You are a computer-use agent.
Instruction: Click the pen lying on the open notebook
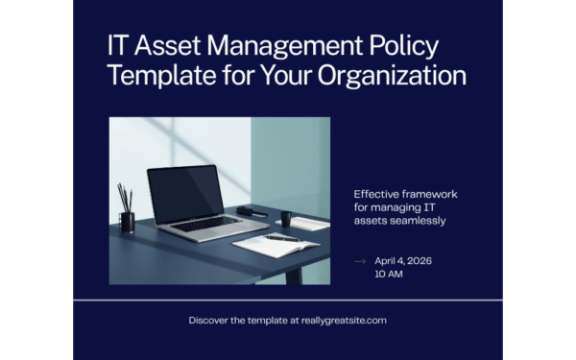[x=282, y=236]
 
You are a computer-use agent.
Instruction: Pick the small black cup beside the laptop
[x=286, y=218]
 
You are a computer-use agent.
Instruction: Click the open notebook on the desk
[x=276, y=244]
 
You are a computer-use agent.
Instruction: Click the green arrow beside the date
[x=360, y=261]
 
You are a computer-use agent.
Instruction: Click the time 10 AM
[x=389, y=275]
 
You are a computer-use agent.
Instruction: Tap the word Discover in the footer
[x=210, y=320]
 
